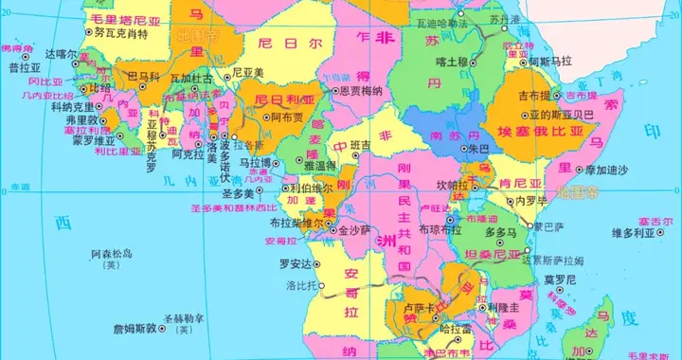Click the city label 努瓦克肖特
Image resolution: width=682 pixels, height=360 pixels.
tap(123, 34)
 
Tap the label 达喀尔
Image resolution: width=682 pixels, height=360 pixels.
tap(59, 56)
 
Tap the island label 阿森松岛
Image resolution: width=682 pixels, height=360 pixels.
tap(111, 254)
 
